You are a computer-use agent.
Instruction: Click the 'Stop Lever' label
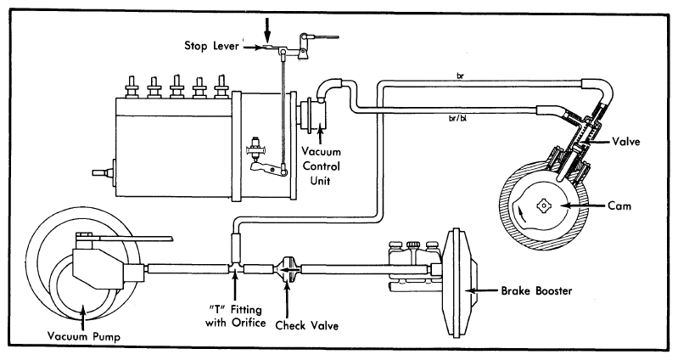click(211, 46)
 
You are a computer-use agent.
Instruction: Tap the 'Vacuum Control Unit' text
click(322, 166)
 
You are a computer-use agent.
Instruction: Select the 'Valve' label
click(626, 142)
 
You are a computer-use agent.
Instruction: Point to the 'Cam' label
click(619, 205)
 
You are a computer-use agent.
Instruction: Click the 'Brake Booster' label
click(536, 290)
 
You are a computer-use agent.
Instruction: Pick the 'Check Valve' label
click(307, 325)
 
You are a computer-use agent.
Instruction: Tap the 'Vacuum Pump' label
click(84, 336)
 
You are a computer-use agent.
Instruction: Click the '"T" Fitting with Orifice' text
click(236, 316)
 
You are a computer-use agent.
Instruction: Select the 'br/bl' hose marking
click(458, 119)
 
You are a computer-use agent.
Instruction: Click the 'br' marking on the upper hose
click(460, 76)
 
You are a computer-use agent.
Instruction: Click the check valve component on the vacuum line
click(287, 269)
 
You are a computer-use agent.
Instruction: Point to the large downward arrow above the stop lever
click(267, 30)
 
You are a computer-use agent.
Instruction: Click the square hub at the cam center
click(542, 206)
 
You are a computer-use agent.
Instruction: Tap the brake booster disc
click(457, 283)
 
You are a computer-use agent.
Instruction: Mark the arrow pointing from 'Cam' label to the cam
click(585, 206)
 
